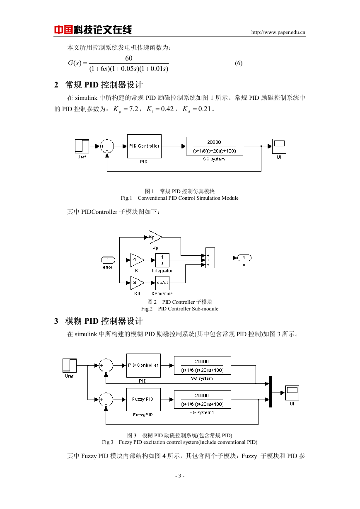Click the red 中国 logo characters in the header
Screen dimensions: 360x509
tap(63, 30)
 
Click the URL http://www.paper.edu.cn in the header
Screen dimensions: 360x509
tap(278, 32)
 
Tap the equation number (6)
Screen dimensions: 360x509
tap(239, 63)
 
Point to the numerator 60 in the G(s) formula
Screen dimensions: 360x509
tap(129, 58)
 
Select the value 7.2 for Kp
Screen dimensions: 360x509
tap(133, 109)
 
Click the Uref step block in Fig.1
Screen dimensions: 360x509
tap(82, 146)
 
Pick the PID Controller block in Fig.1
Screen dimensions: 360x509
tap(144, 146)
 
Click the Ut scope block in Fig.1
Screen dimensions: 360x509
tap(279, 146)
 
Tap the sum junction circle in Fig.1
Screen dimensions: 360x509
tap(107, 146)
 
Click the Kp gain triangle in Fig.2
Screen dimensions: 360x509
tap(155, 237)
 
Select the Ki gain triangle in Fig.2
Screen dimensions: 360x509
tap(137, 260)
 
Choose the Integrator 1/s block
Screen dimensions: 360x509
tap(162, 260)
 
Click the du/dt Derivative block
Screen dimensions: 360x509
tap(162, 283)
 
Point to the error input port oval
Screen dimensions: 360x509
tap(108, 260)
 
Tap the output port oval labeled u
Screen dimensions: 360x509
tap(244, 258)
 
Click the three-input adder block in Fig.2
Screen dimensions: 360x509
tap(210, 258)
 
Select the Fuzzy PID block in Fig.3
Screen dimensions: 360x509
tap(143, 399)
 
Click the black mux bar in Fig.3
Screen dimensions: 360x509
tap(271, 391)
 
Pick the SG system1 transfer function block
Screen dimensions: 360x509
tap(203, 400)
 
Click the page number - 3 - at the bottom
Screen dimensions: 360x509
tap(180, 475)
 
